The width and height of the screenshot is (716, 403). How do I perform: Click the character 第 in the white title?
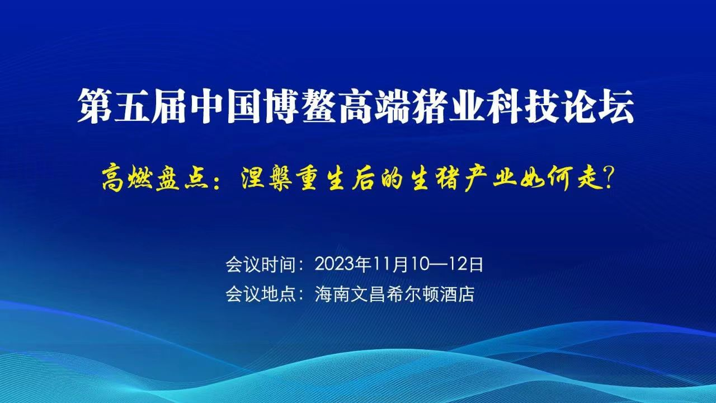pos(95,106)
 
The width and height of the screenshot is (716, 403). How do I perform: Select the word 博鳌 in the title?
pos(302,106)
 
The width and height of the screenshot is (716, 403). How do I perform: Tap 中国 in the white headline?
pos(227,106)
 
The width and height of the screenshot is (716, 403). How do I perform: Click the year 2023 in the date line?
pos(335,265)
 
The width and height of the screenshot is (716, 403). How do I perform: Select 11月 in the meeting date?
pos(391,265)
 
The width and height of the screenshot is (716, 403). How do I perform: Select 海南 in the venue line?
pos(332,294)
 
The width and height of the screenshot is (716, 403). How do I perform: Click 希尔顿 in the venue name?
pos(412,294)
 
